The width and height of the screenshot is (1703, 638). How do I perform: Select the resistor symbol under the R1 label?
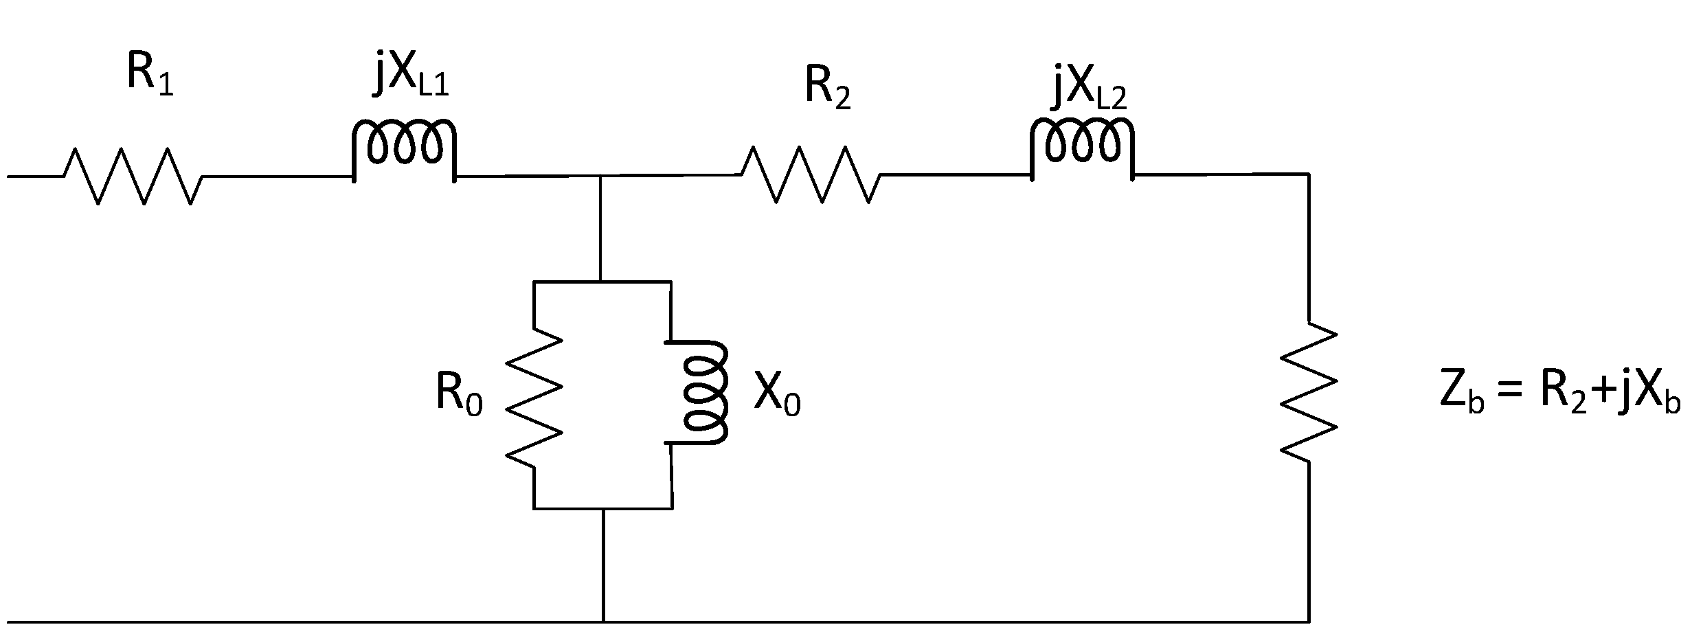[x=133, y=176]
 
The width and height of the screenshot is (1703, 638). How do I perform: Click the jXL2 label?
[x=1090, y=90]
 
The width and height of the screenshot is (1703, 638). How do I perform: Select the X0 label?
[x=776, y=396]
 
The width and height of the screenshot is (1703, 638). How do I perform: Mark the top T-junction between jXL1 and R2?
[x=602, y=176]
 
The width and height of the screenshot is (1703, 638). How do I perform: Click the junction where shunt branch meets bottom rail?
[x=603, y=622]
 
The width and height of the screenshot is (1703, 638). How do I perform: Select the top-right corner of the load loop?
[x=1308, y=174]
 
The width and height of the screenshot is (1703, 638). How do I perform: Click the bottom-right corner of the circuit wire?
[x=1308, y=622]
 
